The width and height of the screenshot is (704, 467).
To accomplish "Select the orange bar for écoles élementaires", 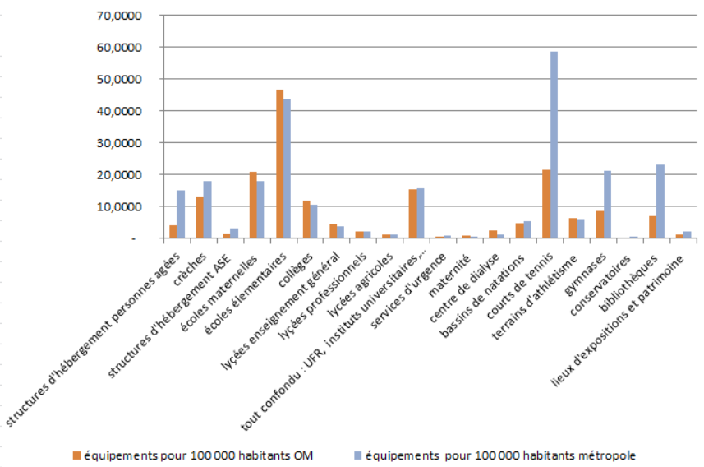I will [x=280, y=164].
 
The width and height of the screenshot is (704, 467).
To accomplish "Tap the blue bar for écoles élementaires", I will [x=288, y=169].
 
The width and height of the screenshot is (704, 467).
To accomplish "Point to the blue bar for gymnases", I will [x=608, y=205].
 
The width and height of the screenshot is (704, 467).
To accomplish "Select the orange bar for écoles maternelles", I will [x=253, y=205].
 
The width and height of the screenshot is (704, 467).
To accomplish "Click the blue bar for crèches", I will [x=208, y=210].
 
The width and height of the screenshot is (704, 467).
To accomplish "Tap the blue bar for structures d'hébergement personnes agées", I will [x=181, y=215].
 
